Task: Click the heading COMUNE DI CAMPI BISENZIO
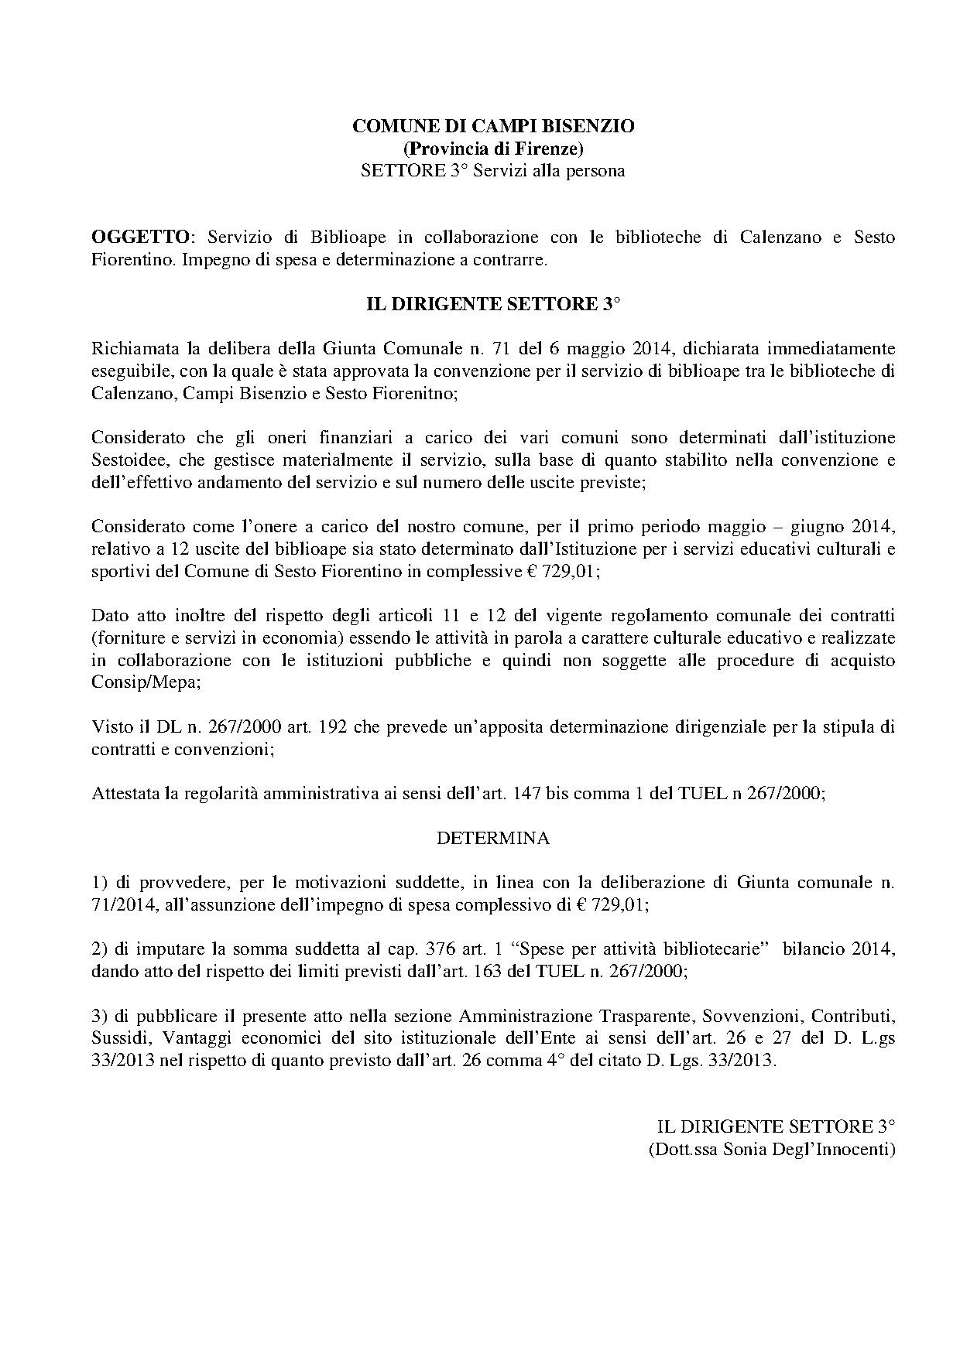point(493,126)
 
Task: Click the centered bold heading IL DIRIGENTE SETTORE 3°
point(493,304)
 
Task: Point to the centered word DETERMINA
point(493,838)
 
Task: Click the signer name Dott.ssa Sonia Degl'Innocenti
point(771,1149)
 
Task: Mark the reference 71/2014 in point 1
point(124,904)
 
